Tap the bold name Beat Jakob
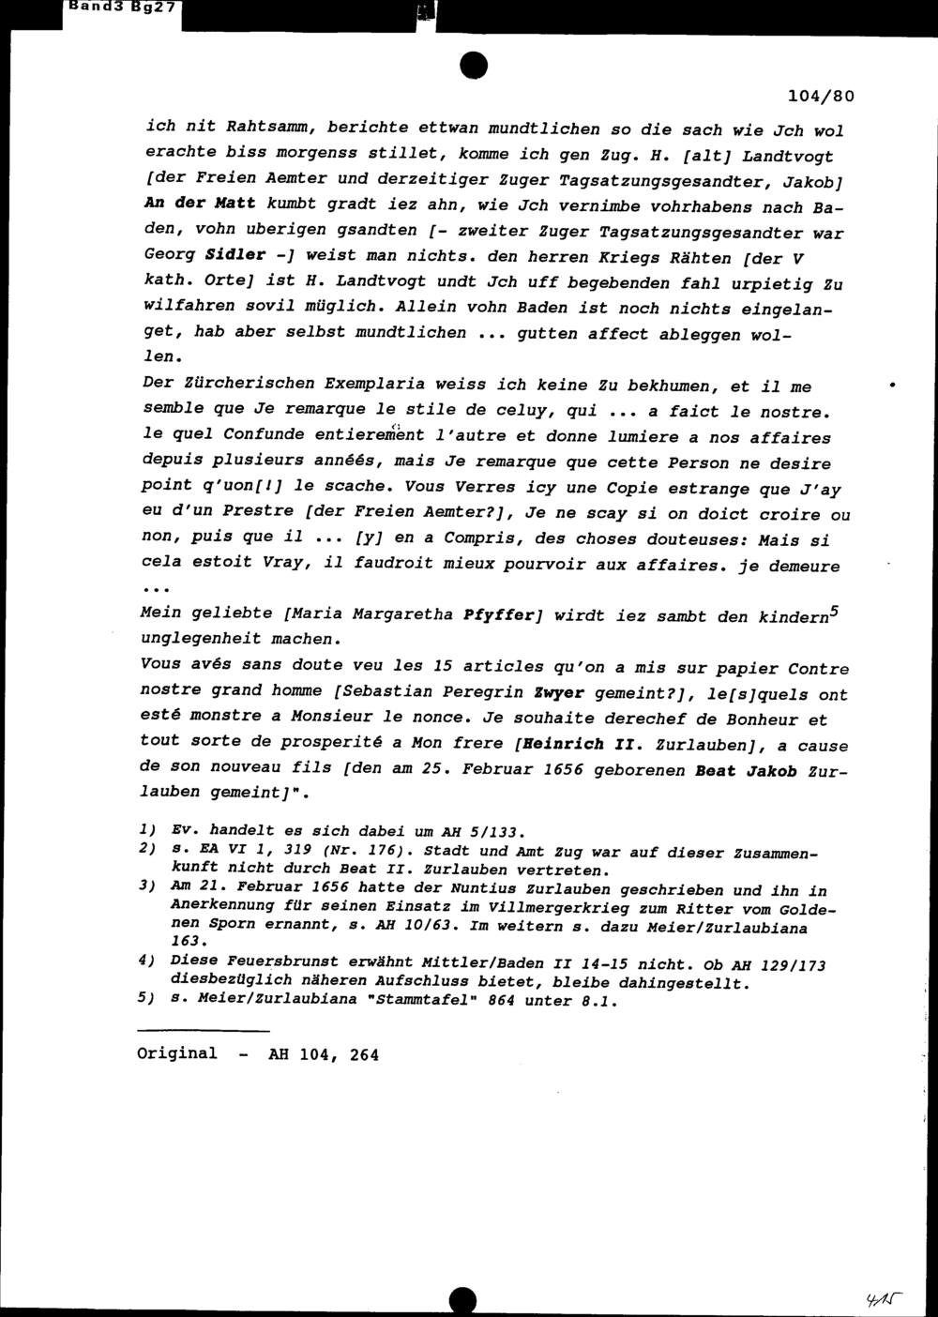coord(746,772)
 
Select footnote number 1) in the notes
coord(145,831)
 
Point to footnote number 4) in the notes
coord(145,961)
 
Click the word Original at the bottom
coord(176,1053)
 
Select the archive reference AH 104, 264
coord(324,1054)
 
